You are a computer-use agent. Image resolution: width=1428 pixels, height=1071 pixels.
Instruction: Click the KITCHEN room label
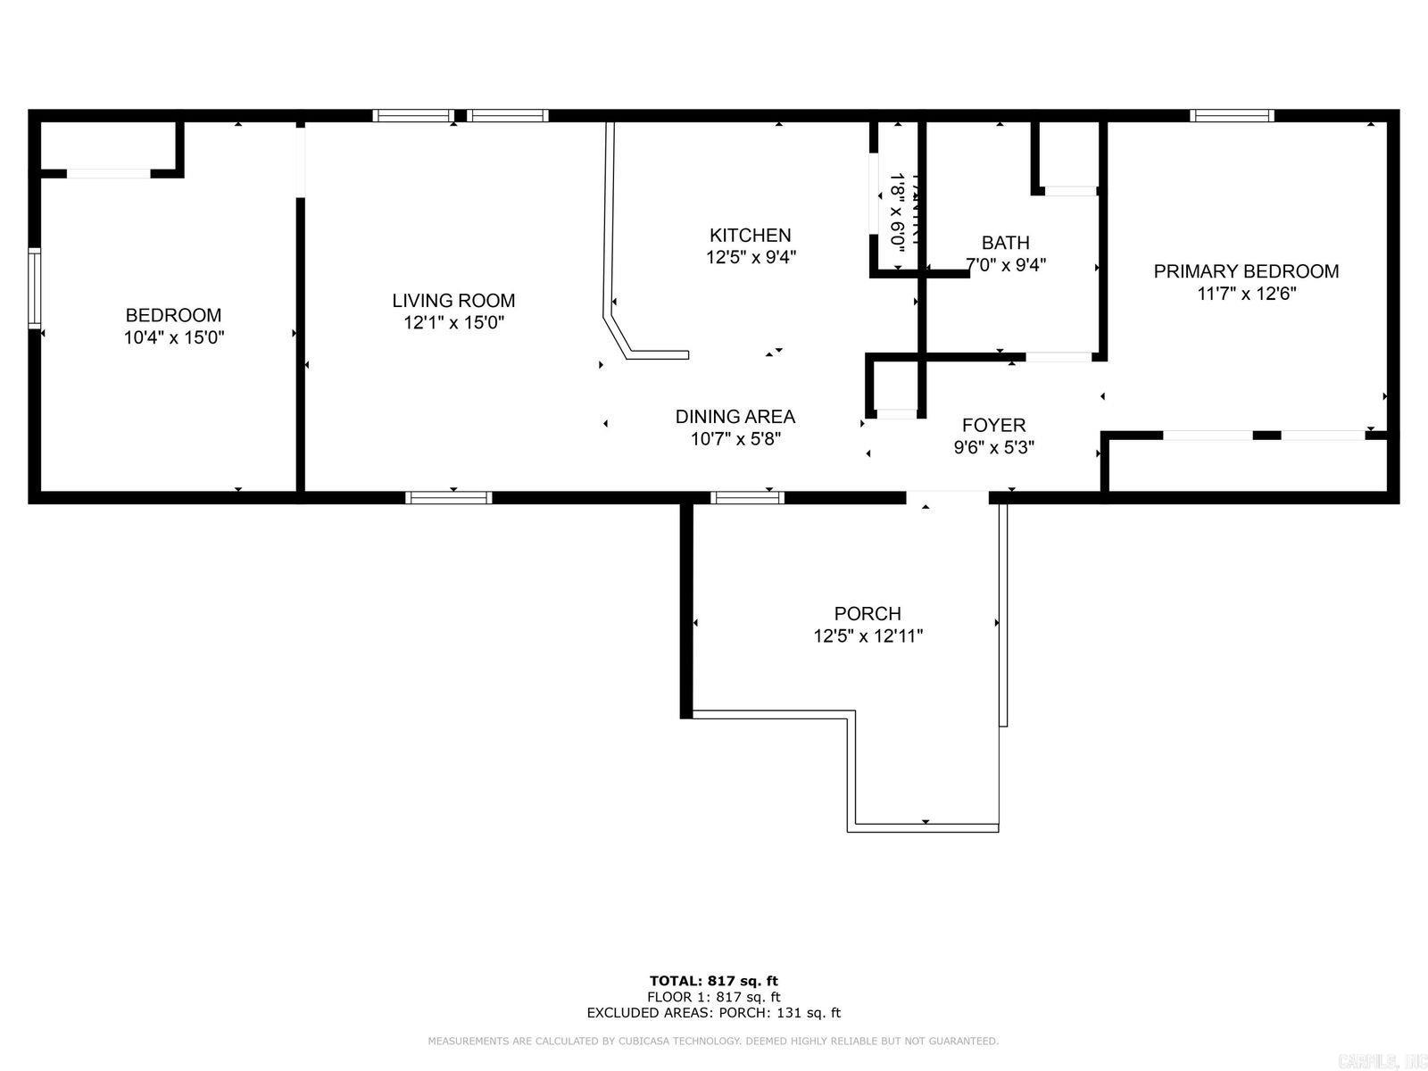click(x=750, y=236)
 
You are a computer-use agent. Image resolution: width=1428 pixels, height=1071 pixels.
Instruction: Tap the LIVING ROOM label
click(x=453, y=301)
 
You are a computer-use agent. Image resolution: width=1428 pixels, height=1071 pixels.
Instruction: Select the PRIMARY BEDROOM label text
click(x=1246, y=271)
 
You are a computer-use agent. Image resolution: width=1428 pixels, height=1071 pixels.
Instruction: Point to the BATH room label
click(x=1005, y=243)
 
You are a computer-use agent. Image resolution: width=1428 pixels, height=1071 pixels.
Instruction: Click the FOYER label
click(x=993, y=426)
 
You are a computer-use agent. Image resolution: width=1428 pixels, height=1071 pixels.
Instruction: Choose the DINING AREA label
click(x=735, y=417)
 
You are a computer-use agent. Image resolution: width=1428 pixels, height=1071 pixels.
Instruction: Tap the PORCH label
click(x=868, y=614)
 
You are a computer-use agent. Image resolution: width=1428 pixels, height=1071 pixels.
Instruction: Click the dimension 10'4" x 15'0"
click(x=173, y=337)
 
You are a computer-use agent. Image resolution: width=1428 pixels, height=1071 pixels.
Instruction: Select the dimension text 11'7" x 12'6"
click(x=1246, y=294)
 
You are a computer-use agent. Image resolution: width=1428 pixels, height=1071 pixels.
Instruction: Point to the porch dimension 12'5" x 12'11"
click(x=868, y=636)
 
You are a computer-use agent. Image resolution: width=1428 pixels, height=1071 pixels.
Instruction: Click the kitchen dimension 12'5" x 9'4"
click(x=750, y=258)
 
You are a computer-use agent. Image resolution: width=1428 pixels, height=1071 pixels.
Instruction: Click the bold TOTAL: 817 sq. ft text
click(x=713, y=981)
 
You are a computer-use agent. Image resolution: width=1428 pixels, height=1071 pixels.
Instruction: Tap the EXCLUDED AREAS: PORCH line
click(x=713, y=1013)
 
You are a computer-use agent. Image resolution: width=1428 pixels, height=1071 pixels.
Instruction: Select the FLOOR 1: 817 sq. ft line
click(x=713, y=997)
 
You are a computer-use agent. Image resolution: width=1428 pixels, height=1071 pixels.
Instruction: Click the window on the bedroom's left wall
click(x=34, y=288)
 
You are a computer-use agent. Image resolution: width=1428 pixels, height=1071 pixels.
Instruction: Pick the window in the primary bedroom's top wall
click(x=1232, y=115)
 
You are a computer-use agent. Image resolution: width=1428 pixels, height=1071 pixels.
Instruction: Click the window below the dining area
click(x=748, y=497)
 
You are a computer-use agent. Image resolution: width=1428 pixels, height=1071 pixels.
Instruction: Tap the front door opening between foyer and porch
click(x=948, y=496)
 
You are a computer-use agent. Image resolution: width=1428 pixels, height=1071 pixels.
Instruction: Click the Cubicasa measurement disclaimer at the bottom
click(x=713, y=1041)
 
